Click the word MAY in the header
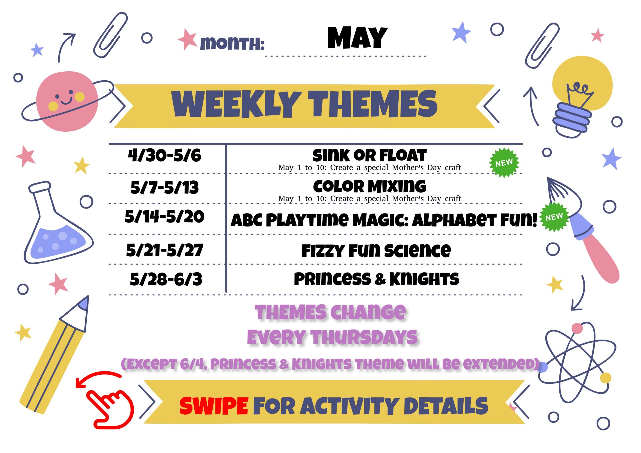[357, 38]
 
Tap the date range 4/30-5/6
[165, 155]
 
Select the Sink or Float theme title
[369, 155]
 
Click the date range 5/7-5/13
[165, 187]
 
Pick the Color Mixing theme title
[370, 186]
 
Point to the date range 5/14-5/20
[165, 216]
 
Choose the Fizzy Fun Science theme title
[376, 250]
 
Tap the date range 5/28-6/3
[166, 279]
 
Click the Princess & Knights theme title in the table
[377, 279]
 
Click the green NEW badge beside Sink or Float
[504, 163]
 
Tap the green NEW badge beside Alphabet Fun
[554, 217]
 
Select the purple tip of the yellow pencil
[84, 303]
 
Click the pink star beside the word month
[187, 39]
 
